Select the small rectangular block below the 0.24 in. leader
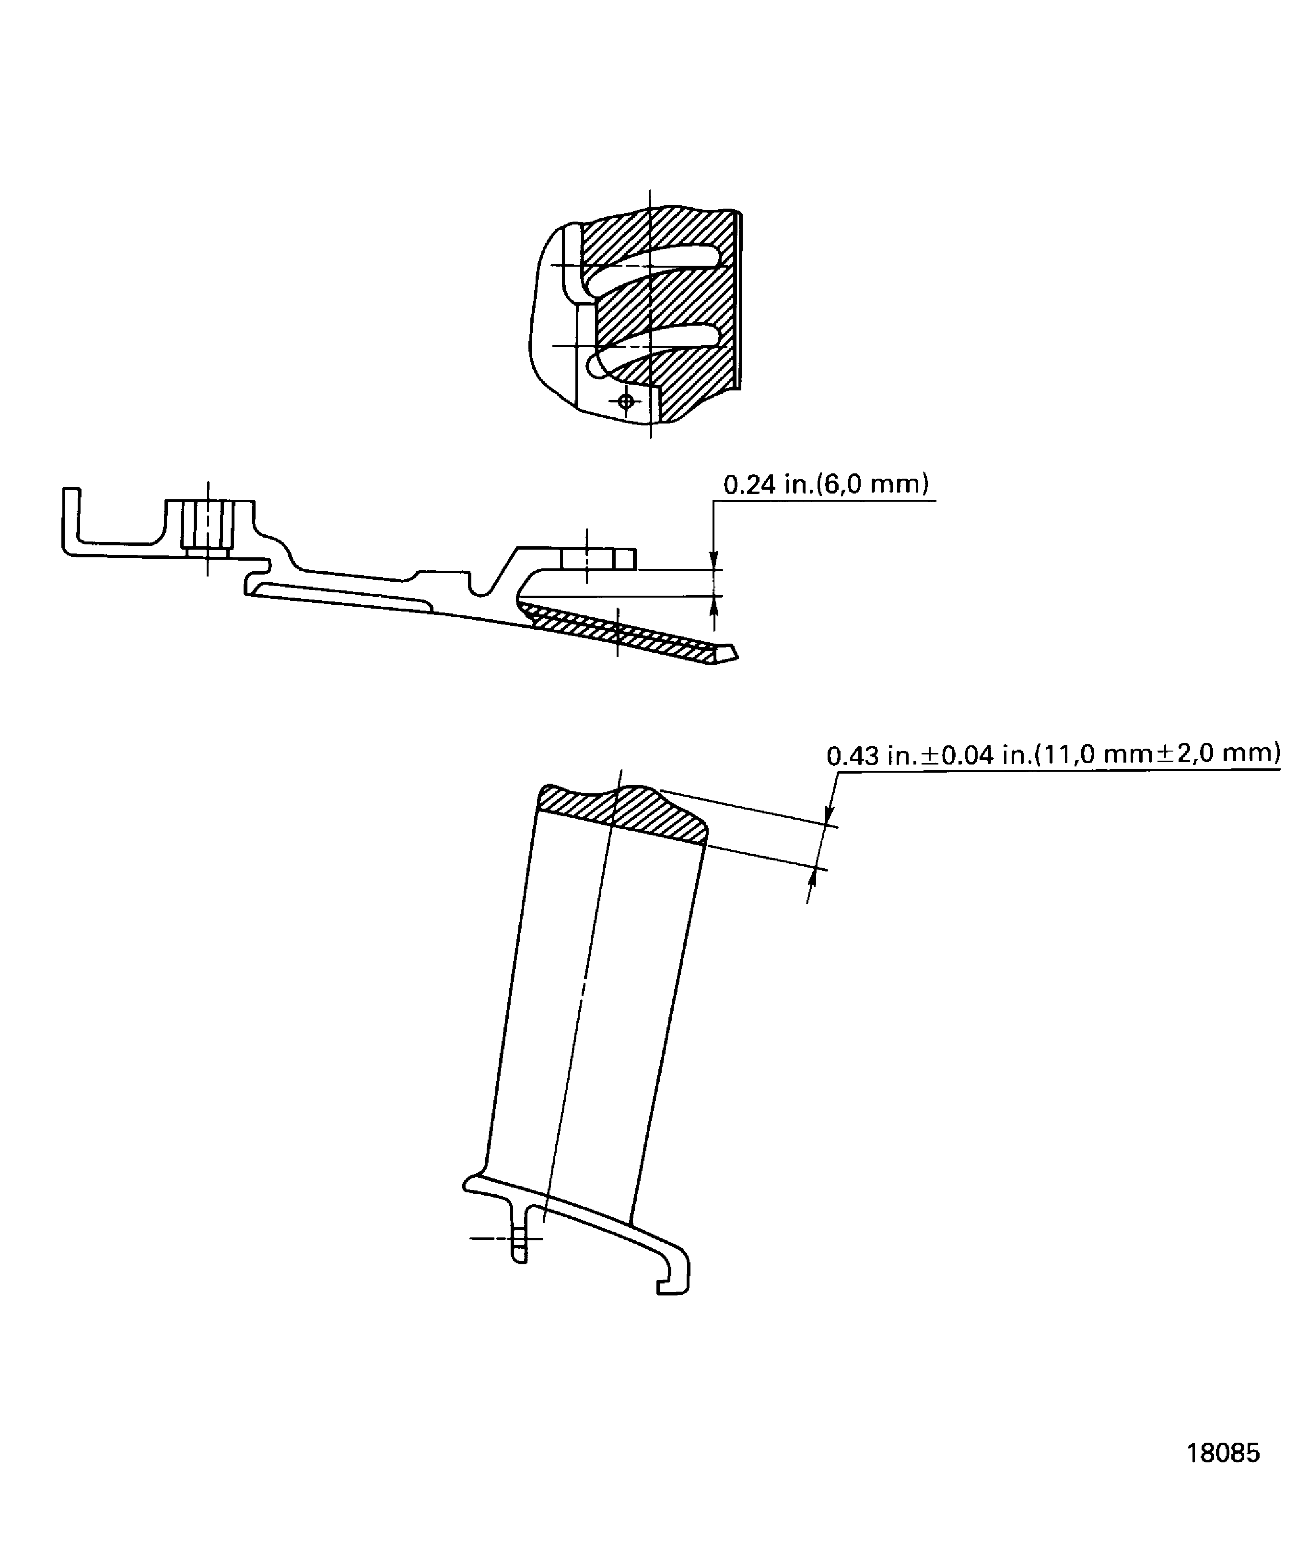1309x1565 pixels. click(x=598, y=558)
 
